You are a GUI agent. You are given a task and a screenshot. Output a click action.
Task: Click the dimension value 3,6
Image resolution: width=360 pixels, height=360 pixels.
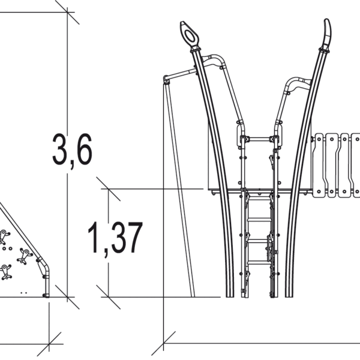(72, 149)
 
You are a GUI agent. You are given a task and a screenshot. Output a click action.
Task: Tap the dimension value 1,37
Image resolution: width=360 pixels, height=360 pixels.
(115, 238)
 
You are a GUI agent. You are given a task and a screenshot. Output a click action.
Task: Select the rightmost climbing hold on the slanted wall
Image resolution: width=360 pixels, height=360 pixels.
(25, 256)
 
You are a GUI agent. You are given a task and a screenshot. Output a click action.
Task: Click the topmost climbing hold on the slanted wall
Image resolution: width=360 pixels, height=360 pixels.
(4, 235)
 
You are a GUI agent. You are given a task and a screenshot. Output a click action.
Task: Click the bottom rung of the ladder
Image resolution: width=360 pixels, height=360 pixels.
(259, 261)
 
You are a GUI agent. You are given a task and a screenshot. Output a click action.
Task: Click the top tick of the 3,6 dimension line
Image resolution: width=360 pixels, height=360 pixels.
(67, 11)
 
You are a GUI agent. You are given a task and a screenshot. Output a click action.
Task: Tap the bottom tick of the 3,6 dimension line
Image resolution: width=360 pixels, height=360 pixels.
(67, 296)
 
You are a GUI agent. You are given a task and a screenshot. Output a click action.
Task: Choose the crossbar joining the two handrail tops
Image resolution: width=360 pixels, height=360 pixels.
(260, 139)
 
